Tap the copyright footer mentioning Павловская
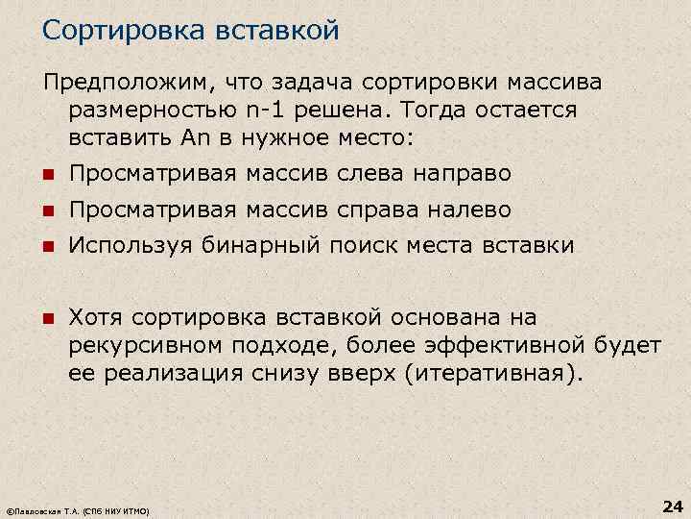coord(78,509)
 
